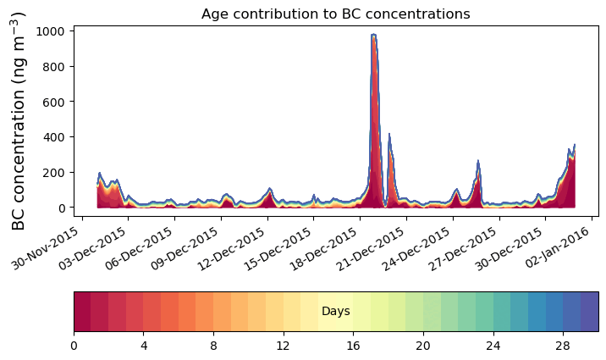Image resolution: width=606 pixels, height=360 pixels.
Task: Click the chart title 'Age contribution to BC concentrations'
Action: (335, 14)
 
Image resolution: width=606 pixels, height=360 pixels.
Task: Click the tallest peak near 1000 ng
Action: (373, 36)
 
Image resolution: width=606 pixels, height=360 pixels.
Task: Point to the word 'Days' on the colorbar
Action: (336, 312)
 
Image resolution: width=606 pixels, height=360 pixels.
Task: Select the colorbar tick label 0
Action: (74, 346)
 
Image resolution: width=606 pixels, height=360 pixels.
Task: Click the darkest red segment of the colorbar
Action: (82, 312)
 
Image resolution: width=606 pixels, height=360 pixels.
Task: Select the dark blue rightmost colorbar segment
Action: (590, 312)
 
